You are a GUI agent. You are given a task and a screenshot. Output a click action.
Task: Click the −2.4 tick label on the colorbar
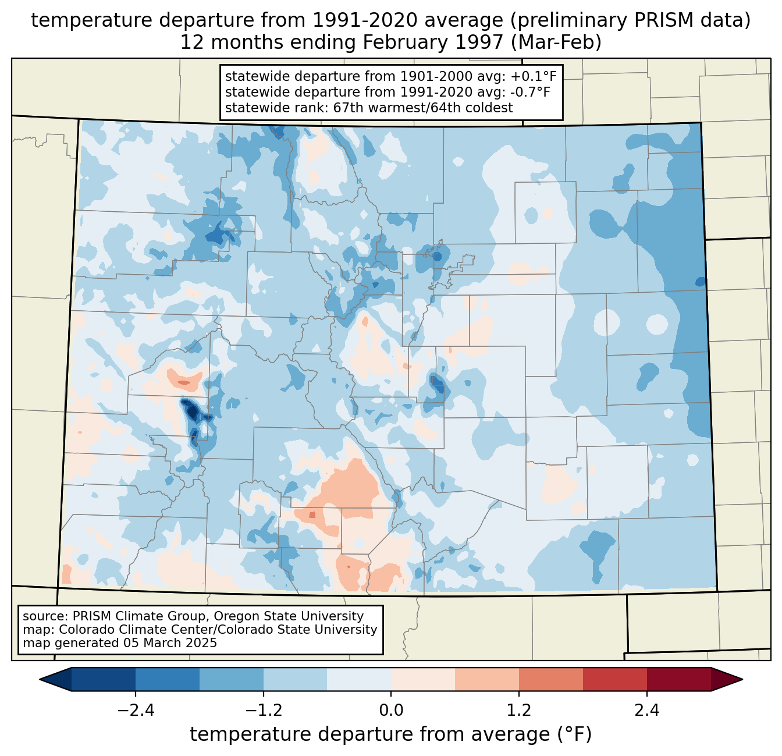pos(136,711)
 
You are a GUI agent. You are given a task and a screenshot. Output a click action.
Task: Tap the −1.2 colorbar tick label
pos(263,711)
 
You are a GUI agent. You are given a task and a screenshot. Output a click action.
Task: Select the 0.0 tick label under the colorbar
pos(391,711)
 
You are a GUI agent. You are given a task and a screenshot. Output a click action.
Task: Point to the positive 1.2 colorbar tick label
pos(519,711)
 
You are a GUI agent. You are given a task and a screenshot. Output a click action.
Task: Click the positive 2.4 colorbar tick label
pos(646,711)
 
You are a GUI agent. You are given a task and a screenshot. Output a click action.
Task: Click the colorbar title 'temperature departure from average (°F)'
pos(391,734)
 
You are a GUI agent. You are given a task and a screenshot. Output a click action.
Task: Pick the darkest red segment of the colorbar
pos(678,679)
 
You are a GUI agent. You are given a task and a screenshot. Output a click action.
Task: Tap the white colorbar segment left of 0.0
pos(359,679)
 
